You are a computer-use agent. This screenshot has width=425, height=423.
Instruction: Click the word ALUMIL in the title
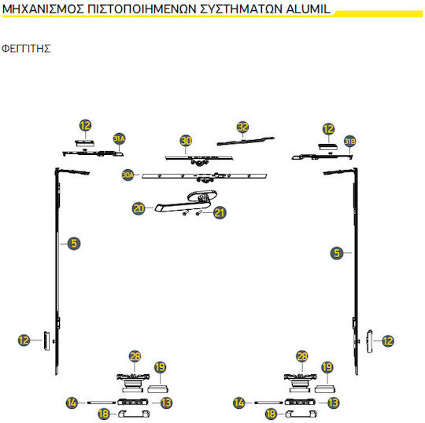pyautogui.click(x=309, y=9)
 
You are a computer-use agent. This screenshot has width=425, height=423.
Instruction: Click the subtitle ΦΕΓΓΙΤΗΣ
pyautogui.click(x=26, y=49)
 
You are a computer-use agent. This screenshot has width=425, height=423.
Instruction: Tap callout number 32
pyautogui.click(x=242, y=127)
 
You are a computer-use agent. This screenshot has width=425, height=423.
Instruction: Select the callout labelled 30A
pyautogui.click(x=128, y=175)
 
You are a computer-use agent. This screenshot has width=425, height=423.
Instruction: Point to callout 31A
pyautogui.click(x=120, y=139)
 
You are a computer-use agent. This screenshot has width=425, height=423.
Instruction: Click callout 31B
pyautogui.click(x=349, y=142)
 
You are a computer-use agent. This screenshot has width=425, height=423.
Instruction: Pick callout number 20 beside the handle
pyautogui.click(x=139, y=209)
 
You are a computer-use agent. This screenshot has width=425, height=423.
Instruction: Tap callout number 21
pyautogui.click(x=220, y=213)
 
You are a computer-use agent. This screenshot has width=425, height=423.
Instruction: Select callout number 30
pyautogui.click(x=186, y=141)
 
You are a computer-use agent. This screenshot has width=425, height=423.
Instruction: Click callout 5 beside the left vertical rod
pyautogui.click(x=74, y=243)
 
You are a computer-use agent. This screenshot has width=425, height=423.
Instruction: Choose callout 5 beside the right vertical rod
pyautogui.click(x=337, y=253)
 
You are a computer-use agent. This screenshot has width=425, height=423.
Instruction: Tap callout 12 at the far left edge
pyautogui.click(x=24, y=340)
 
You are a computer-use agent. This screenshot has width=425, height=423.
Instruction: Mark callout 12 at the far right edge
pyautogui.click(x=388, y=341)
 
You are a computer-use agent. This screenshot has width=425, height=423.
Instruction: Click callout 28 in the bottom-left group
pyautogui.click(x=135, y=356)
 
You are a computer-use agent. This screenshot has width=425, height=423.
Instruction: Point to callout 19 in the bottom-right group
pyautogui.click(x=327, y=367)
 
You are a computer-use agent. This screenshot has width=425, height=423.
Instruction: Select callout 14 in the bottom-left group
pyautogui.click(x=72, y=403)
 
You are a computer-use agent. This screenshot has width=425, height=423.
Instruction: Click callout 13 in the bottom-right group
pyautogui.click(x=334, y=403)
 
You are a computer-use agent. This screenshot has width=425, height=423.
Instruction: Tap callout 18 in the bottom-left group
pyautogui.click(x=104, y=414)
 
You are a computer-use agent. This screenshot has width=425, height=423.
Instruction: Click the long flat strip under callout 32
pyautogui.click(x=246, y=141)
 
